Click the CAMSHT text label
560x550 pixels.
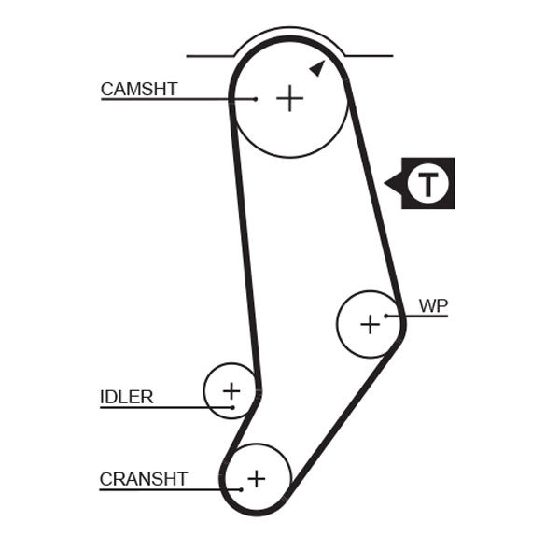[x=138, y=90]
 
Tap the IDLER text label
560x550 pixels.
[x=126, y=397]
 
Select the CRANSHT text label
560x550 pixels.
[x=144, y=479]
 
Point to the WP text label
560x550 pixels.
[x=433, y=305]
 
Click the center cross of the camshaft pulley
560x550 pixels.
[x=290, y=98]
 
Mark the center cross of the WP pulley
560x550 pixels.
[x=371, y=324]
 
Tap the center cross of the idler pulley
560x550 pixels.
[x=231, y=390]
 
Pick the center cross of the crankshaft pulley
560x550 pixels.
[x=256, y=478]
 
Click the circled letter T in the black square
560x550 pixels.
[x=428, y=183]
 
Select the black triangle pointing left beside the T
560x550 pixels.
[x=393, y=183]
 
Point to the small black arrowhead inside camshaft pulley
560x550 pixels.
[x=317, y=67]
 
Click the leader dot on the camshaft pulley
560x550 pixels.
[x=255, y=98]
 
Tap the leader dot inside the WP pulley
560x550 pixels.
[x=385, y=316]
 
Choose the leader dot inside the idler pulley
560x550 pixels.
[x=232, y=406]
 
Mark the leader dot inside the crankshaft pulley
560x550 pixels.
[x=241, y=488]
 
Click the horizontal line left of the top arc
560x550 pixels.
[x=210, y=56]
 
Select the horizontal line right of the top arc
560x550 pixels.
[x=369, y=56]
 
